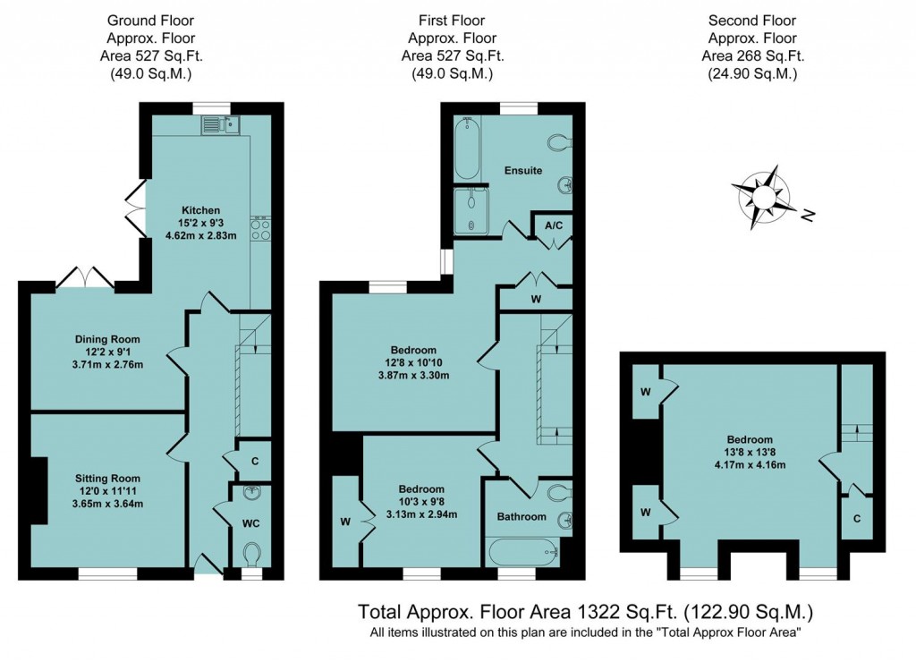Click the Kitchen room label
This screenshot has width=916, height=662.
201,210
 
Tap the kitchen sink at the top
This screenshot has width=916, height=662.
221,125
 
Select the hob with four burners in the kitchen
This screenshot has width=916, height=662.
260,228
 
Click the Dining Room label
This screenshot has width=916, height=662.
107,339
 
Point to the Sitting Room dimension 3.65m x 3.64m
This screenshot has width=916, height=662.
107,504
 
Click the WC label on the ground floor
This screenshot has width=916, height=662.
251,523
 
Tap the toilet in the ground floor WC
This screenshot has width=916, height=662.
251,554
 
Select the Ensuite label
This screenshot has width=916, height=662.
523,171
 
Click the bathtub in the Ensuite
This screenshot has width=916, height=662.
467,149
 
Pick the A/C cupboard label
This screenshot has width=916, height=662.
554,225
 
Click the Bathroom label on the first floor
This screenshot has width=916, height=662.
522,516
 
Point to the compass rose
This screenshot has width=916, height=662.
764,197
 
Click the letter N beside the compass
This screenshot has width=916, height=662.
808,216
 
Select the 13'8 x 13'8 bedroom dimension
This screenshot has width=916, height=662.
751,453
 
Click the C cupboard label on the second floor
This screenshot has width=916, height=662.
857,519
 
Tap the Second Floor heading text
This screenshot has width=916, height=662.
752,21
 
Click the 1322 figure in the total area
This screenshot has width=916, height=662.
598,612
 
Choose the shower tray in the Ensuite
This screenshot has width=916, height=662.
471,210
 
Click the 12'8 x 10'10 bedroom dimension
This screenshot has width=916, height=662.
413,362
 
